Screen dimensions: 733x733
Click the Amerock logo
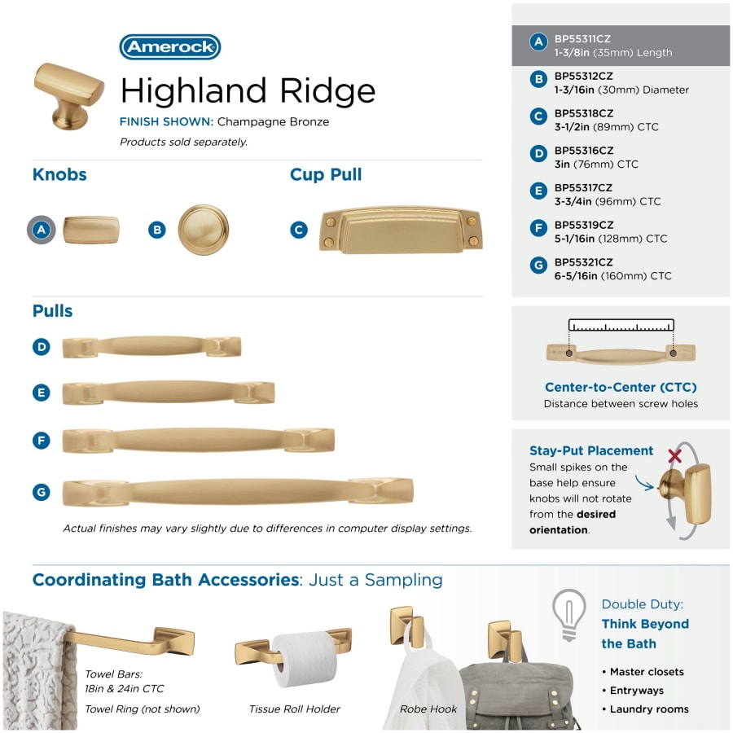170,46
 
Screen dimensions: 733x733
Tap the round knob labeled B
204,230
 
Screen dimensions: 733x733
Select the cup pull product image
401,230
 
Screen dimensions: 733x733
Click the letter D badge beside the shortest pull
42,347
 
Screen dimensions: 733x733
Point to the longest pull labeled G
238,492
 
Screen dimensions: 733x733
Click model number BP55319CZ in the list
584,225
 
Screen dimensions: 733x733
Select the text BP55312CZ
584,77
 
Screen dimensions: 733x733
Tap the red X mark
674,456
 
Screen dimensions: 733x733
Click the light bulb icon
569,614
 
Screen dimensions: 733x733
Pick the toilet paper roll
305,659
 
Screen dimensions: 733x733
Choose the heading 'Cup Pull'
326,174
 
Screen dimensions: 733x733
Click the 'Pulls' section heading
52,311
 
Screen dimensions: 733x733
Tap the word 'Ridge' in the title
327,91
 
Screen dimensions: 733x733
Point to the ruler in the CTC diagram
621,325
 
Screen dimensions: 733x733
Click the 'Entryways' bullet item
637,691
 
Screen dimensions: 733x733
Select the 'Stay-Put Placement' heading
591,450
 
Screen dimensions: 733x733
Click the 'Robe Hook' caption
428,709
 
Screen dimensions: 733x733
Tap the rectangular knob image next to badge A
91,230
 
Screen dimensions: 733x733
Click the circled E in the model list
538,191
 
